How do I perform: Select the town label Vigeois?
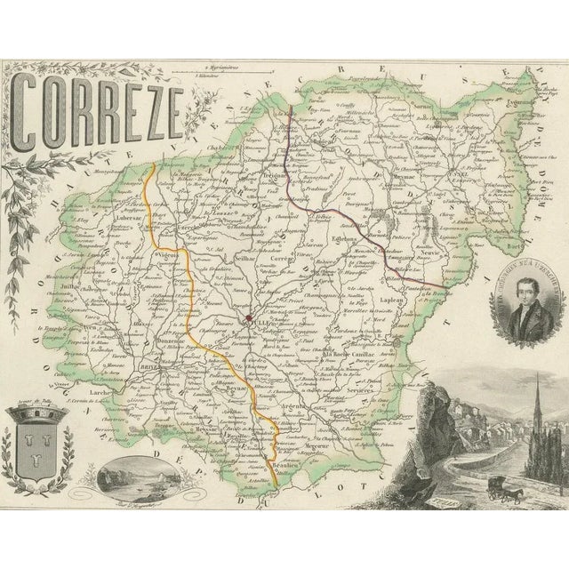pos(168,254)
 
